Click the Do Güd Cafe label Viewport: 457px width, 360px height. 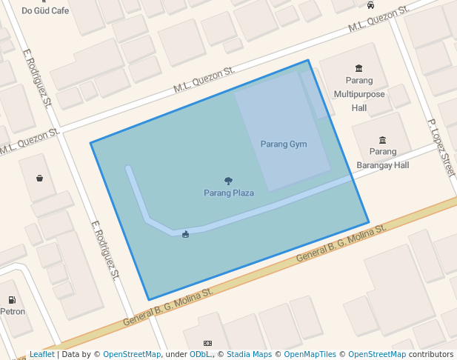click(45, 10)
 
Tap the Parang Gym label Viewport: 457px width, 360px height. click(284, 144)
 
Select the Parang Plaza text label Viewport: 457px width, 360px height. click(229, 193)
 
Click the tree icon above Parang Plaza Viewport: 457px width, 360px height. click(229, 181)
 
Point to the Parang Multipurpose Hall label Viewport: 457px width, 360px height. click(359, 94)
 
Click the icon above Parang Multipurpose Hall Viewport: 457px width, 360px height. click(359, 68)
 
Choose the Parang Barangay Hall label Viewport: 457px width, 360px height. click(382, 159)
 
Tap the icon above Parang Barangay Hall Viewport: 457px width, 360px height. click(382, 140)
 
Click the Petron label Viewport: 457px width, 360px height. click(13, 311)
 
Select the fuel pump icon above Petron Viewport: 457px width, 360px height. click(13, 299)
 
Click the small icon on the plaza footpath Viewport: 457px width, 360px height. click(185, 234)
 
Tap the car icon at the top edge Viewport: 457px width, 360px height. click(370, 5)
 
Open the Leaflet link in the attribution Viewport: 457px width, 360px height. click(41, 355)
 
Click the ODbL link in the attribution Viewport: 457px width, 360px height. click(200, 355)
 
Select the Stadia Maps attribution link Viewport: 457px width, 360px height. click(250, 355)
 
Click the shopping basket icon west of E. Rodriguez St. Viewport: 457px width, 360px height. click(39, 178)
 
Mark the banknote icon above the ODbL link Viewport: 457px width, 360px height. click(207, 344)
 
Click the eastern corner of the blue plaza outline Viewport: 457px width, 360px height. click(368, 222)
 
